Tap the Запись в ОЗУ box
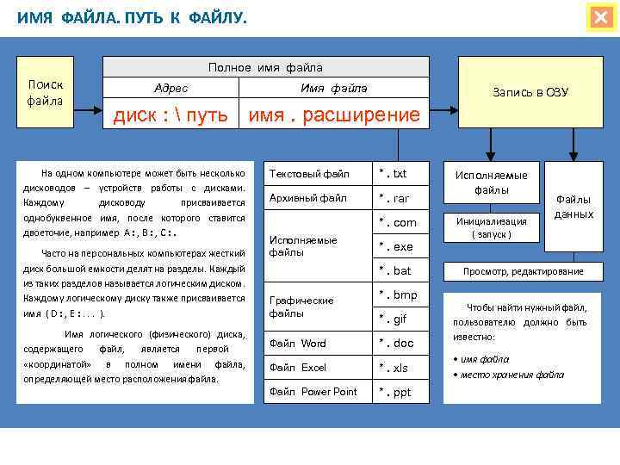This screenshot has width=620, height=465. click(x=530, y=92)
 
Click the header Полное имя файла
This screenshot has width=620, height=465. click(x=265, y=67)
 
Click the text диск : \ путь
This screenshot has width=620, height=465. click(x=171, y=115)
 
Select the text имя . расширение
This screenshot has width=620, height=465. click(x=334, y=115)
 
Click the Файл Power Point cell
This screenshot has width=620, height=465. click(x=313, y=392)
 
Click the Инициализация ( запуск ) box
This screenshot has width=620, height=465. click(x=491, y=227)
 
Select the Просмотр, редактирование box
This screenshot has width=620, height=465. click(x=523, y=271)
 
